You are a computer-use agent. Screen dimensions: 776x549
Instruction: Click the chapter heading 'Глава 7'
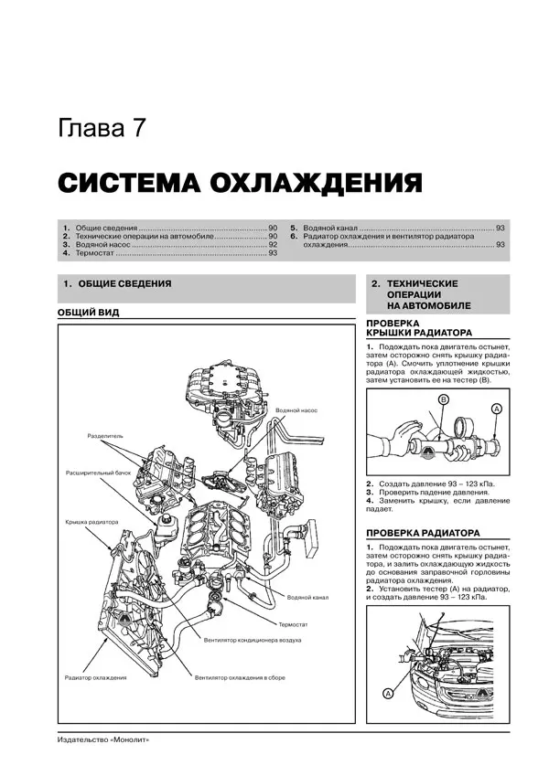[100, 128]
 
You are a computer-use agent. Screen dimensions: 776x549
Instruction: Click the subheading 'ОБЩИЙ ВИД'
[88, 313]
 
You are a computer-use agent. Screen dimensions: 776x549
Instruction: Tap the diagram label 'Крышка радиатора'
[91, 522]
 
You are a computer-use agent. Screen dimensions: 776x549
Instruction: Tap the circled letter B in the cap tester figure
[442, 399]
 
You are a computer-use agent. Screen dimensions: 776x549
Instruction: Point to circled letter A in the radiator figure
[388, 695]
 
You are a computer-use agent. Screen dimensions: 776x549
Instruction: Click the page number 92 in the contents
[273, 244]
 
